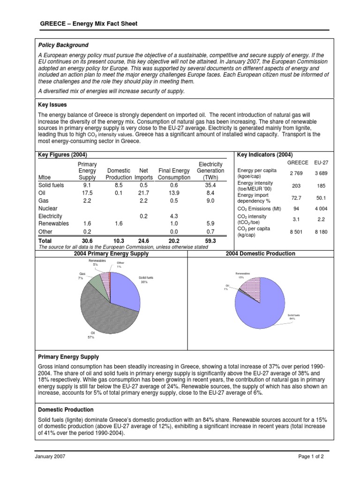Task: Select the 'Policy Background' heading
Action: point(63,45)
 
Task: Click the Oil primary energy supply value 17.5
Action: point(87,193)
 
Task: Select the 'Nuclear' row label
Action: point(48,209)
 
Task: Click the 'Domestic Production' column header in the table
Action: point(119,174)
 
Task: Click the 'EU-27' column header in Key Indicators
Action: point(320,162)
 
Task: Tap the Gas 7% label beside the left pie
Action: point(81,276)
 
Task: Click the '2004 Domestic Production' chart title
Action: point(260,254)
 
